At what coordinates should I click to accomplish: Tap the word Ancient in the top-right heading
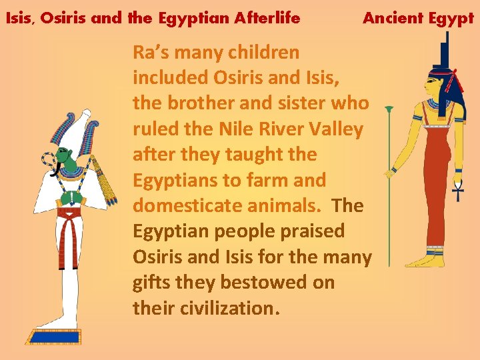(391, 18)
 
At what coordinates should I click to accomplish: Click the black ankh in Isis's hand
(458, 192)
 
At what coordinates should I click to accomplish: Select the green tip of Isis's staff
(389, 109)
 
